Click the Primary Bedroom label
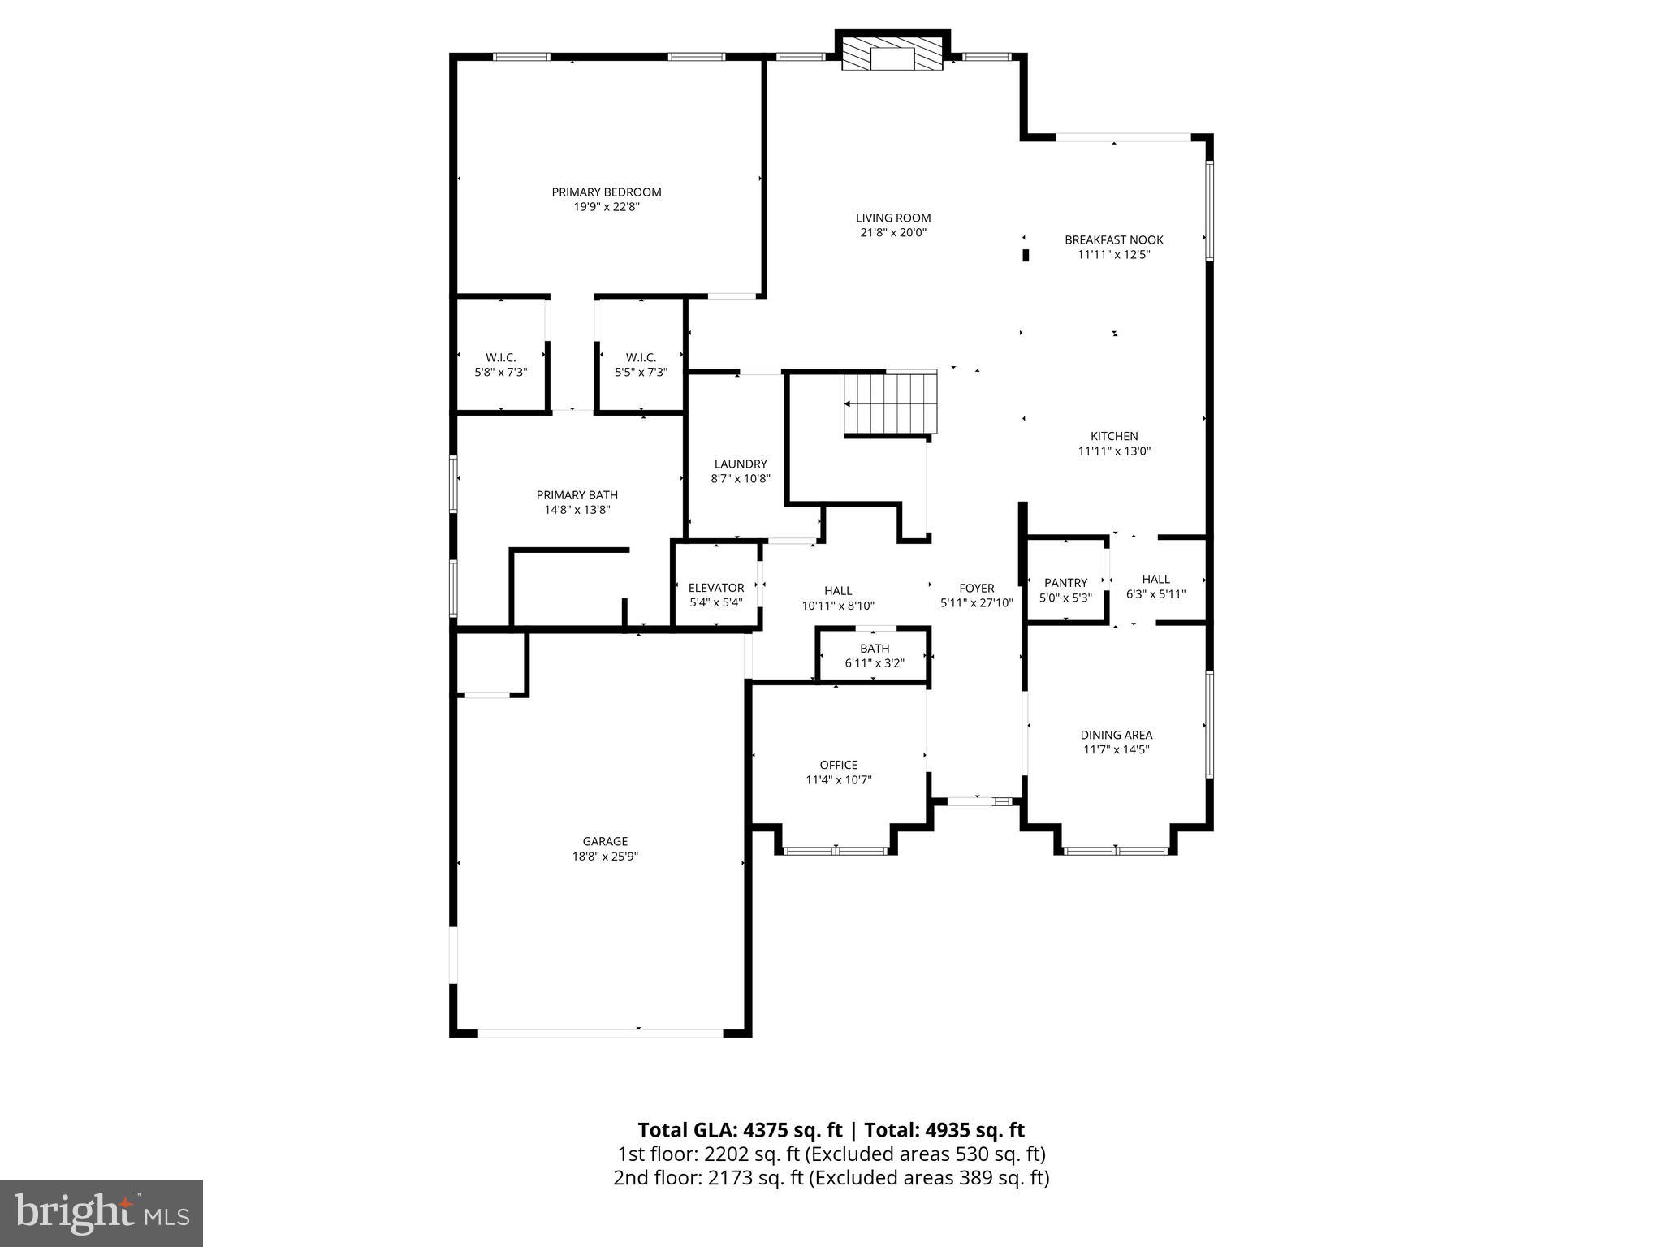click(x=606, y=192)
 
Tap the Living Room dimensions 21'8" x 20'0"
click(x=892, y=233)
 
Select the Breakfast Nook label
click(x=1113, y=240)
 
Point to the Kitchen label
click(x=1113, y=437)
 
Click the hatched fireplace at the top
click(x=892, y=54)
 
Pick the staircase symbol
click(x=891, y=403)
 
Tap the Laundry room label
click(x=740, y=464)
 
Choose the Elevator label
click(x=715, y=589)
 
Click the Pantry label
click(x=1065, y=583)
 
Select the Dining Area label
click(x=1116, y=736)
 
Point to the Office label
click(x=838, y=765)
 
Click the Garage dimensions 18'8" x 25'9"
click(x=605, y=857)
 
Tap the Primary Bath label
click(x=577, y=495)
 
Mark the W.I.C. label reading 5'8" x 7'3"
click(x=500, y=365)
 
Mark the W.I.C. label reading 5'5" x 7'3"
click(x=641, y=365)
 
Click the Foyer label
click(x=976, y=589)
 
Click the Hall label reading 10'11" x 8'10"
click(x=838, y=598)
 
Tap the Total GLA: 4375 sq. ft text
click(x=741, y=1130)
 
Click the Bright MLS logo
click(x=102, y=1213)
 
